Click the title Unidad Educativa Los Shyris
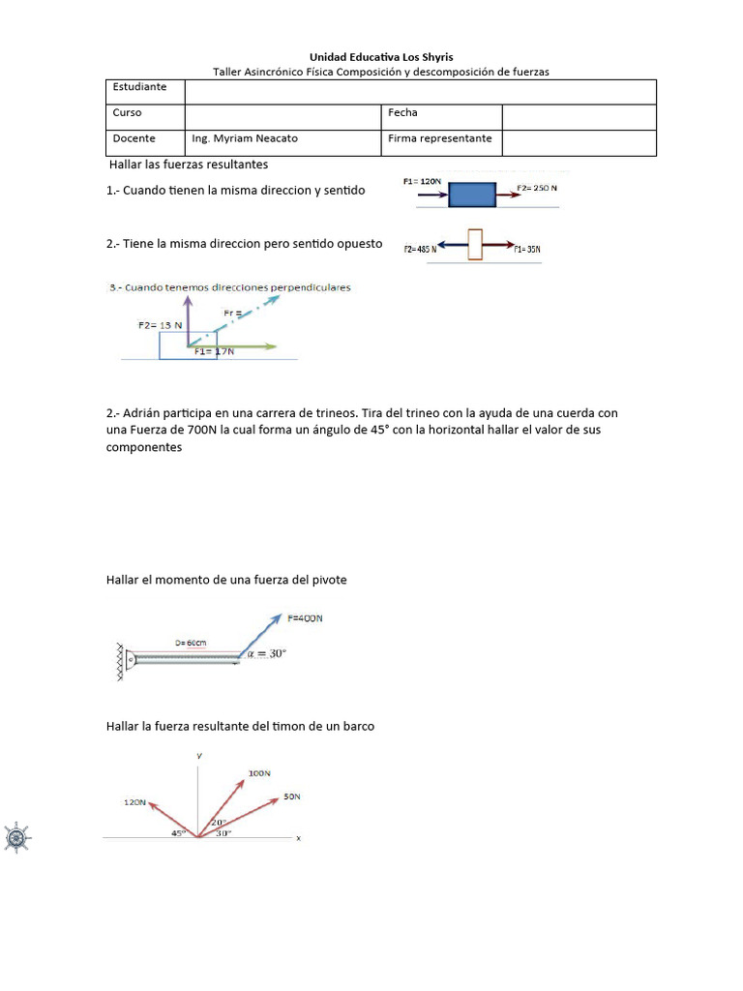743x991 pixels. [x=380, y=57]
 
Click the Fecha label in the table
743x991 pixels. [x=402, y=113]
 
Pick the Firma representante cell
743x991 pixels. [x=440, y=138]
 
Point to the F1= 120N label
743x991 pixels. [x=423, y=181]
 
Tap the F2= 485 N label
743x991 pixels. [x=421, y=250]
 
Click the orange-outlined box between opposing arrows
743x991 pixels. [x=475, y=244]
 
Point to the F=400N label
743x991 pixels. [x=306, y=618]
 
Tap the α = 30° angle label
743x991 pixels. [x=267, y=654]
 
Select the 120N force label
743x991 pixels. [x=134, y=802]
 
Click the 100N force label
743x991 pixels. [x=259, y=773]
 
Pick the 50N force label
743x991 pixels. [x=292, y=797]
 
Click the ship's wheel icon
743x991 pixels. [x=17, y=837]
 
